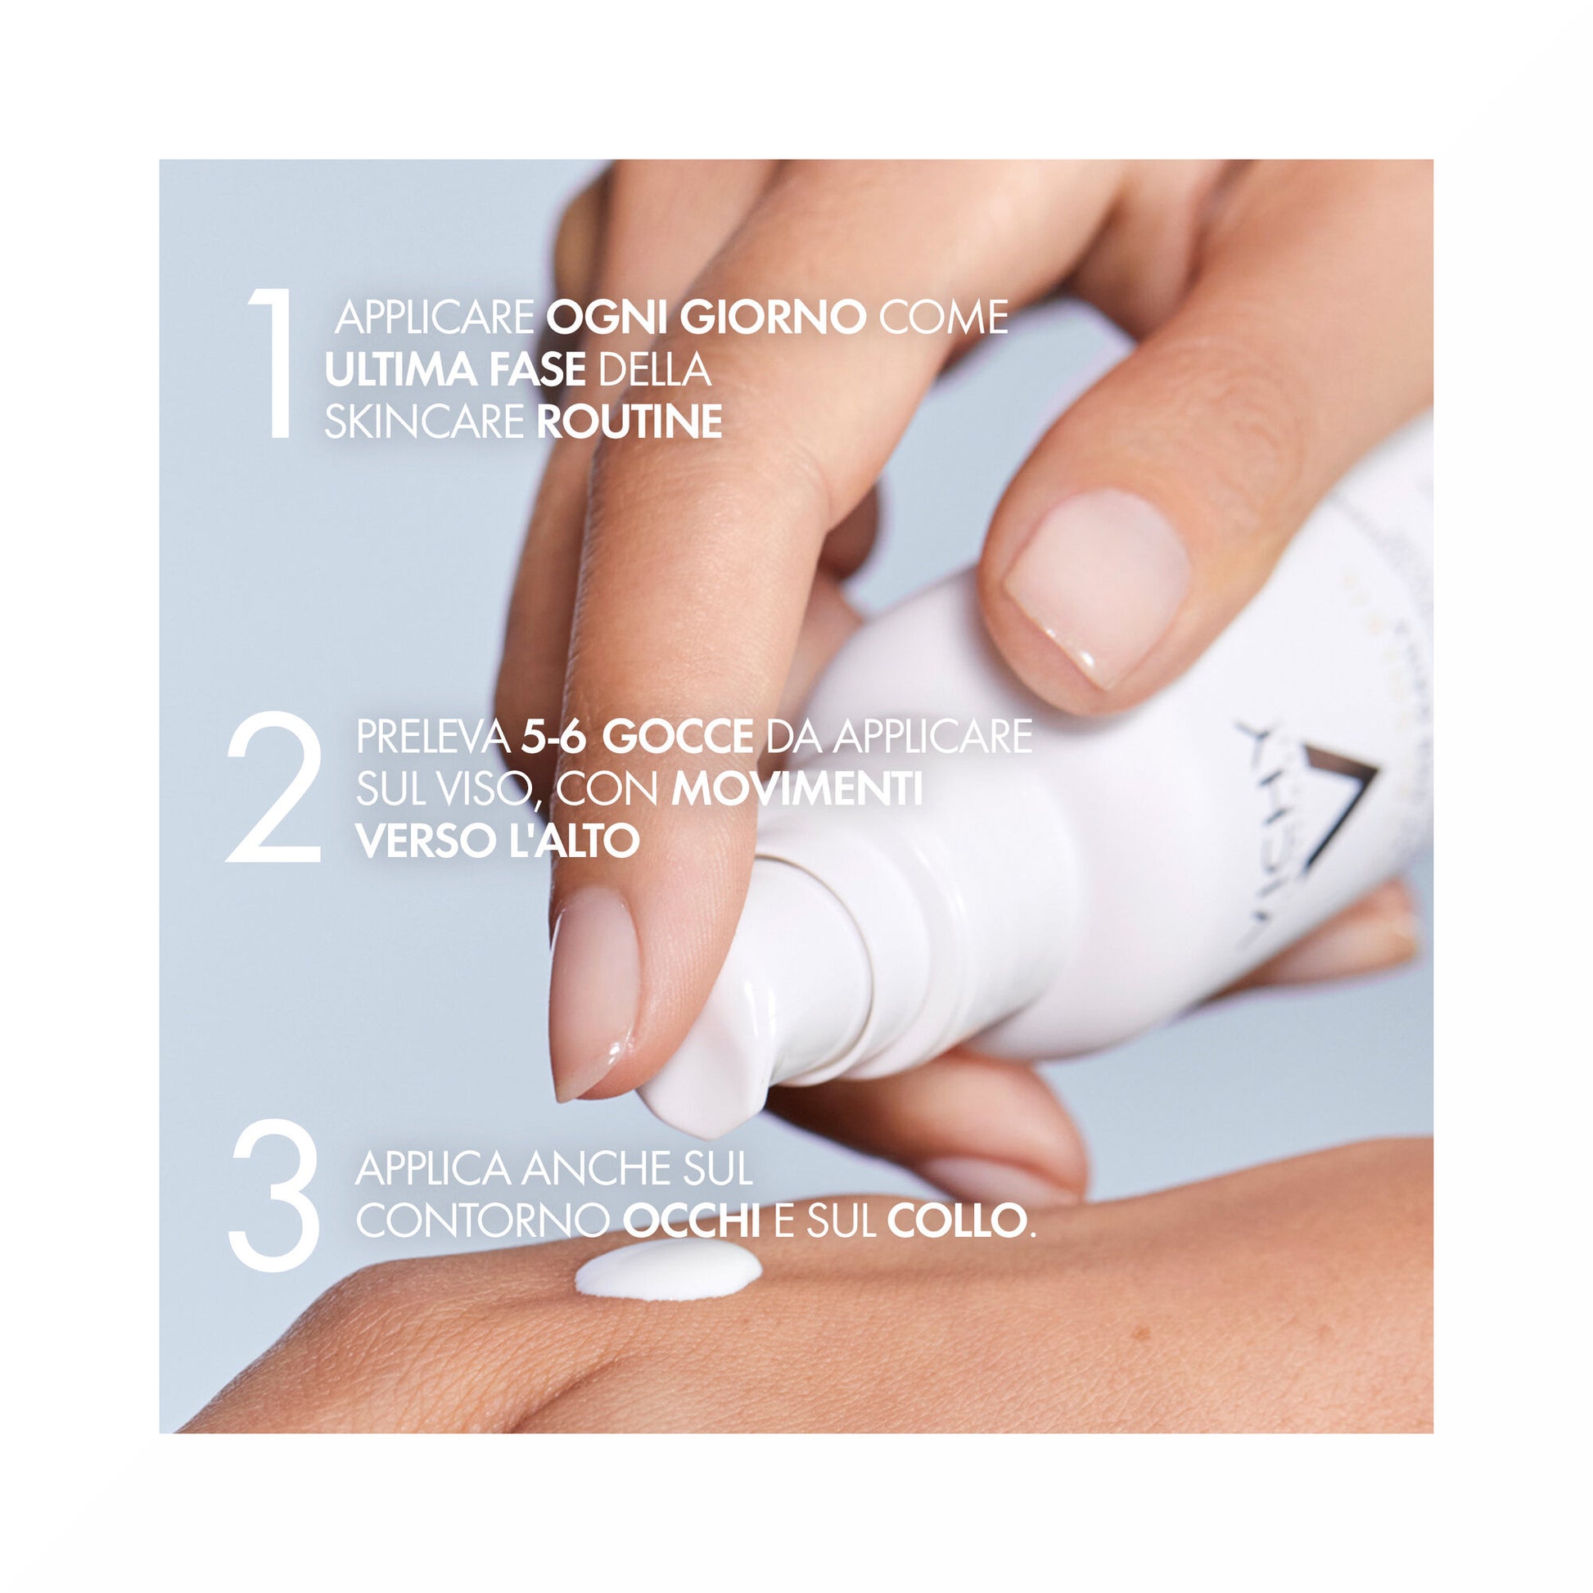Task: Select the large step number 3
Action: point(274,1196)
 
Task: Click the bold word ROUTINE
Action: point(630,422)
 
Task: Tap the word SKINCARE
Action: point(425,422)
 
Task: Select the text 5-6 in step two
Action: point(554,736)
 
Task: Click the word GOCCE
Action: point(677,736)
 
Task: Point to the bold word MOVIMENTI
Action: point(796,789)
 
